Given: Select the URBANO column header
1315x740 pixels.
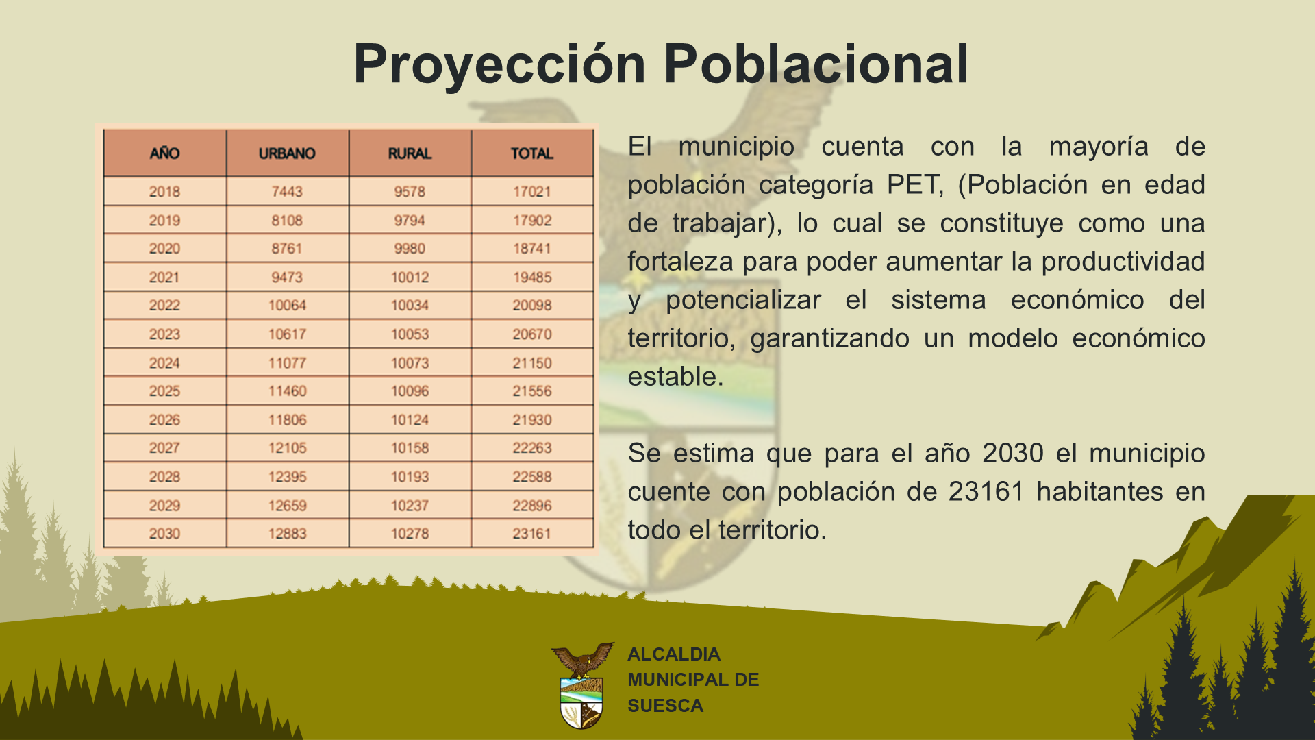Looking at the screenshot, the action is point(287,153).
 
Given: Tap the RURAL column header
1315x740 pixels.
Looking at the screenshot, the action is point(410,153).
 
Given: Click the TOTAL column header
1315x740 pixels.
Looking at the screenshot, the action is point(532,153).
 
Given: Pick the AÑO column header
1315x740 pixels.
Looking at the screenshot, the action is point(164,153).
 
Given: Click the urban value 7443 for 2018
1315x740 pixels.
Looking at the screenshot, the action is point(287,192).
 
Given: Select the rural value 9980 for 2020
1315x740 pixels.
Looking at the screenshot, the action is point(410,249).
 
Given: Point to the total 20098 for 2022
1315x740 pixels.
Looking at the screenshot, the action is point(532,306).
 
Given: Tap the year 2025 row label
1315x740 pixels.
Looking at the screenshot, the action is point(164,391).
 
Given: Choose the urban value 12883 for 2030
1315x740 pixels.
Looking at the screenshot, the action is point(287,534).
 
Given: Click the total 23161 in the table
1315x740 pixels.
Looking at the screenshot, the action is point(532,534).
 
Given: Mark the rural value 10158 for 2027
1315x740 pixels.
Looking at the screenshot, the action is point(410,448).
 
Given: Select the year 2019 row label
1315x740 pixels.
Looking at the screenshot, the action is point(164,221).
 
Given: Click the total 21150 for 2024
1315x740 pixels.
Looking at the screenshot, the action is point(532,363).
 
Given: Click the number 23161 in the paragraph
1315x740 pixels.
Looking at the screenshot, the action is point(986,492).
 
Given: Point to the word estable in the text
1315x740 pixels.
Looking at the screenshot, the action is point(675,377).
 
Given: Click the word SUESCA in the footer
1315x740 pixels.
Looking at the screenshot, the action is point(665,706).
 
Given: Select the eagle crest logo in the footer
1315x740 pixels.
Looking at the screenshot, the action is point(582,685).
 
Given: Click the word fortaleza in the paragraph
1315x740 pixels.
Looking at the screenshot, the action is point(681,262).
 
